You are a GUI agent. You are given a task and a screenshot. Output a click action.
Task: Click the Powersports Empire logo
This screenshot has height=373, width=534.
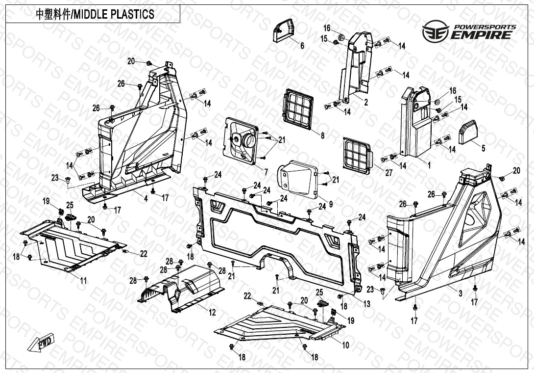pyautogui.click(x=469, y=31)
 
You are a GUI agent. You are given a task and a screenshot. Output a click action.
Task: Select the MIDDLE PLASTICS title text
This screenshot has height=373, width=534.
pyautogui.click(x=96, y=14)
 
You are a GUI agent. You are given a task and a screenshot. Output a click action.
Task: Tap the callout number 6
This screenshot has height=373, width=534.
pyautogui.click(x=302, y=46)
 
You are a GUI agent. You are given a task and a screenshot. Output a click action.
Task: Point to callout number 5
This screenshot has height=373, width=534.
pyautogui.click(x=483, y=148)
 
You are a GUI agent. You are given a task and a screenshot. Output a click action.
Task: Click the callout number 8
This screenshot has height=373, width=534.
pyautogui.click(x=322, y=136)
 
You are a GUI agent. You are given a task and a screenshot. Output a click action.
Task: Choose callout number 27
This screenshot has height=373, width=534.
pyautogui.click(x=389, y=173)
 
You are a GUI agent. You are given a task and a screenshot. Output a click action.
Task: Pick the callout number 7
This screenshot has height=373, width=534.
pyautogui.click(x=266, y=172)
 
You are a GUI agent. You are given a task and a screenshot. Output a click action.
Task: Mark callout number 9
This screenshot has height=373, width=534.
pyautogui.click(x=317, y=204)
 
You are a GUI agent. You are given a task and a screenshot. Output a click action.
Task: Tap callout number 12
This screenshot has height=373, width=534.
pyautogui.click(x=212, y=312)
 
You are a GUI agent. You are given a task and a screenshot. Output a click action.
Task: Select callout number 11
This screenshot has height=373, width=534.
pyautogui.click(x=83, y=281)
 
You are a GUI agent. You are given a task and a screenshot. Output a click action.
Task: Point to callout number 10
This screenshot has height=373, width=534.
pyautogui.click(x=345, y=346)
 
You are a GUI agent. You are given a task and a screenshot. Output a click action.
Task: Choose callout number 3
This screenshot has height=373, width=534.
pyautogui.click(x=460, y=293)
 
